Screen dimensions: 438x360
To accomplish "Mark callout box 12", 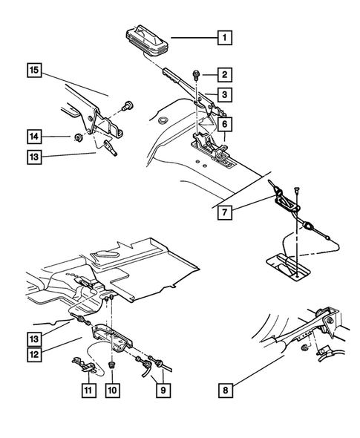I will tap(35, 355).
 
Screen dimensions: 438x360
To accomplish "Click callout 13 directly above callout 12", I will tap(35, 339).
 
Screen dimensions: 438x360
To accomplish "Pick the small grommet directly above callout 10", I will tap(111, 365).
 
